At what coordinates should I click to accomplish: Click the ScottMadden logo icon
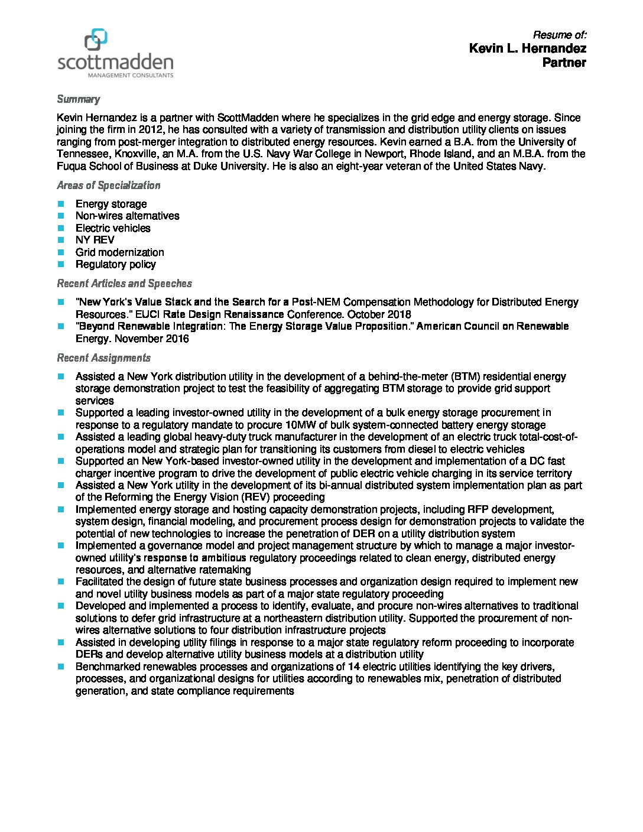(x=96, y=40)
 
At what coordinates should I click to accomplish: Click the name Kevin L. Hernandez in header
(x=527, y=48)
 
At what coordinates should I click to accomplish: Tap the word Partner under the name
(x=564, y=63)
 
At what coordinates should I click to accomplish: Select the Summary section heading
(x=78, y=99)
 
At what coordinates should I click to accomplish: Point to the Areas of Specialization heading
(x=108, y=186)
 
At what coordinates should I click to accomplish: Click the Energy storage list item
(x=111, y=204)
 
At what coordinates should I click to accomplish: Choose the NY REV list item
(x=95, y=240)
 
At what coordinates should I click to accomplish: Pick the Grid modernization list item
(x=119, y=252)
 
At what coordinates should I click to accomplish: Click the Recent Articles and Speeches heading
(x=124, y=284)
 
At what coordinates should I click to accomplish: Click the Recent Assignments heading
(x=103, y=358)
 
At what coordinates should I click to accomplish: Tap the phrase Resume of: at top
(x=559, y=34)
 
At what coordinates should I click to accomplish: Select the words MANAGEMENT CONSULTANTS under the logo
(x=131, y=76)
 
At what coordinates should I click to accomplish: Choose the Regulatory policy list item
(x=115, y=264)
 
